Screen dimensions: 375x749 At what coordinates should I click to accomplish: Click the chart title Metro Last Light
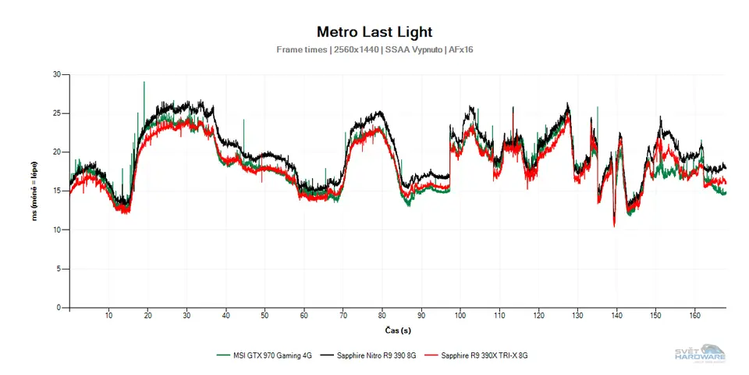pos(374,32)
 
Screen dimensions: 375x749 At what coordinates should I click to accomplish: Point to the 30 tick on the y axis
pos(56,74)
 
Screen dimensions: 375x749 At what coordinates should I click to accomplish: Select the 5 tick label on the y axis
pos(59,269)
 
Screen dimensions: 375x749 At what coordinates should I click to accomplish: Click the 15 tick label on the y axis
pos(56,191)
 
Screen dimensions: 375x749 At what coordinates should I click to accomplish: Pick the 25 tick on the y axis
pos(56,113)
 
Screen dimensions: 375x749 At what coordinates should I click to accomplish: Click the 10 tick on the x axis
pos(108,315)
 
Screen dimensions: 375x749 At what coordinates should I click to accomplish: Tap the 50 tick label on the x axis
pos(264,315)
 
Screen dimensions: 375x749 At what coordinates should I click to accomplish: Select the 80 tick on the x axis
pos(382,315)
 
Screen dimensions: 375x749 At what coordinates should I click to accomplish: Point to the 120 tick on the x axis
pos(538,315)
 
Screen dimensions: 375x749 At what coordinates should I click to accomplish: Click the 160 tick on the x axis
pos(694,315)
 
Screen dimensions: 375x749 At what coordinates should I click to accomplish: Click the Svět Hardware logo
pos(700,353)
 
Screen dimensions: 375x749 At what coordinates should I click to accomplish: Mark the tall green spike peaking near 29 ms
pos(144,83)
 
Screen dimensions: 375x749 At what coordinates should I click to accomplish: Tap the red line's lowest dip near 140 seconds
pos(615,225)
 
